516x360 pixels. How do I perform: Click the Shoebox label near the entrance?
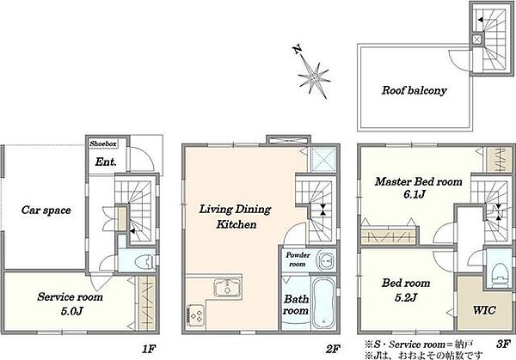pyautogui.click(x=103, y=143)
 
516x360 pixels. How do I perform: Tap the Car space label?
pyautogui.click(x=46, y=211)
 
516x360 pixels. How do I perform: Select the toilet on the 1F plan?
pyautogui.click(x=145, y=261)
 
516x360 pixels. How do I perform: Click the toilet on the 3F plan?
pyautogui.click(x=500, y=272)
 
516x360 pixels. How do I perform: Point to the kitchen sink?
pyautogui.click(x=227, y=288)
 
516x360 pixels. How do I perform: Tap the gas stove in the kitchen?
pyautogui.click(x=196, y=316)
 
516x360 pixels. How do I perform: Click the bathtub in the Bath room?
pyautogui.click(x=323, y=303)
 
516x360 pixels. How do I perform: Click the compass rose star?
pyautogui.click(x=314, y=79)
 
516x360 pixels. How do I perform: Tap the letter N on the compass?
pyautogui.click(x=298, y=50)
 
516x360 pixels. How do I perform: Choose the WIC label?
pyautogui.click(x=484, y=309)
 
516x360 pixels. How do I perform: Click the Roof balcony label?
pyautogui.click(x=414, y=90)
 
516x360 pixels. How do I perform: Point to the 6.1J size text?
pyautogui.click(x=415, y=195)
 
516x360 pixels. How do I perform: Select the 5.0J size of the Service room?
pyautogui.click(x=71, y=311)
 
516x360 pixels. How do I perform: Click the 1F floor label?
pyautogui.click(x=149, y=349)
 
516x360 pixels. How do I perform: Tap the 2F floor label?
pyautogui.click(x=332, y=349)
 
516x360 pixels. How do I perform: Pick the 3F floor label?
pyautogui.click(x=503, y=345)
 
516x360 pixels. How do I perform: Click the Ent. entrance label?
pyautogui.click(x=106, y=162)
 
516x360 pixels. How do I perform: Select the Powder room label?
pyautogui.click(x=298, y=259)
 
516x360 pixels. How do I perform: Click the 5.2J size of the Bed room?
pyautogui.click(x=406, y=297)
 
